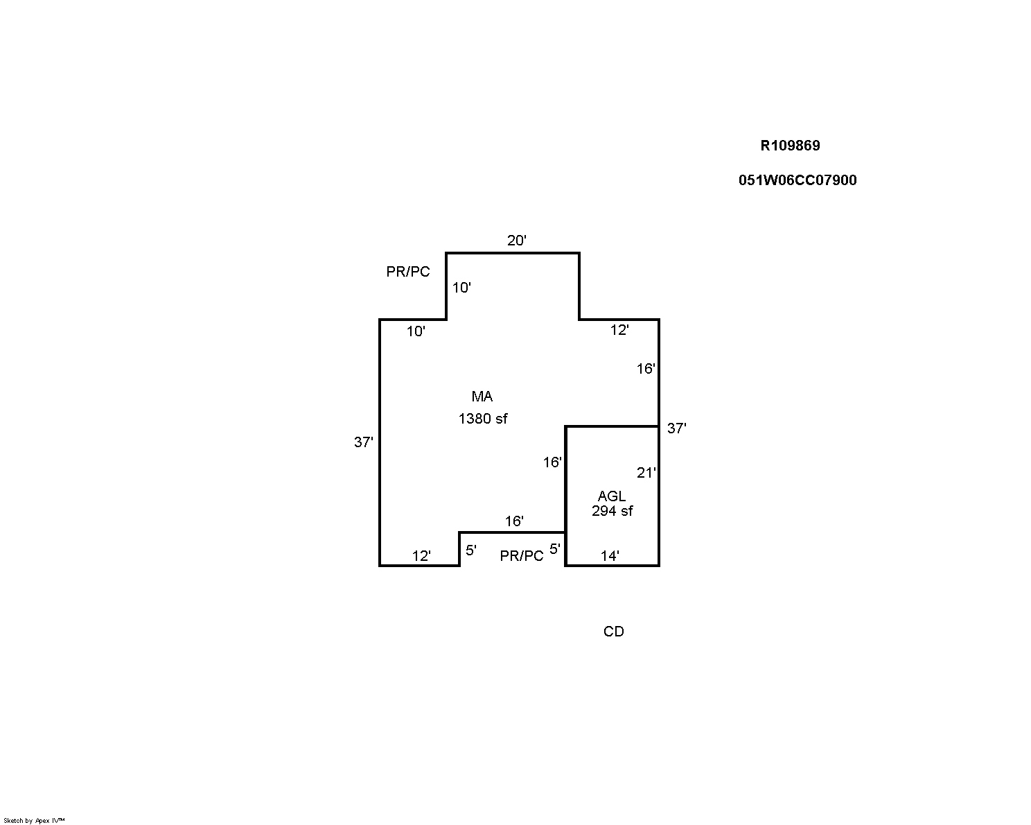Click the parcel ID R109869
tap(790, 146)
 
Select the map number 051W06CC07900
tap(798, 180)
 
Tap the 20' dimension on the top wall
tap(516, 240)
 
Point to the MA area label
tap(482, 397)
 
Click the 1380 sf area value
tap(482, 419)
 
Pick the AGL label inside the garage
tap(611, 496)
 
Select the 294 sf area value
tap(612, 511)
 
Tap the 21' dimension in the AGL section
tap(646, 473)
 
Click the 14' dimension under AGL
tap(610, 555)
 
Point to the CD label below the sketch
tap(614, 632)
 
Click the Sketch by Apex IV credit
tap(34, 821)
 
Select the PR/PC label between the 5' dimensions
tap(521, 555)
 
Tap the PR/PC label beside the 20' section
tap(407, 272)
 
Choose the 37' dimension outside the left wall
tap(363, 442)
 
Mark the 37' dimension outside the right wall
tap(676, 428)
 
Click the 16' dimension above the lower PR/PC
tap(514, 521)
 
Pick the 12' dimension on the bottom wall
tap(421, 555)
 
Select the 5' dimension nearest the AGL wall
tap(555, 549)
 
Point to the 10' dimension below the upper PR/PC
tap(416, 331)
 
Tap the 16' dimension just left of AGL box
tap(552, 462)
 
